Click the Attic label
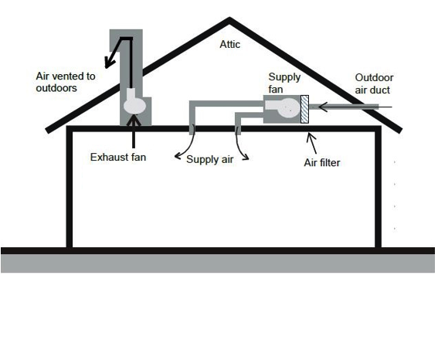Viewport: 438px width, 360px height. pyautogui.click(x=230, y=44)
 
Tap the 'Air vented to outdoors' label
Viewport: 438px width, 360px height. pyautogui.click(x=66, y=82)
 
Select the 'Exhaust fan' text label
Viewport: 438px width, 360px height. pyautogui.click(x=118, y=158)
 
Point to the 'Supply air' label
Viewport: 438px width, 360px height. pyautogui.click(x=210, y=159)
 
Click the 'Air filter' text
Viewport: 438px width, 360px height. pyautogui.click(x=322, y=162)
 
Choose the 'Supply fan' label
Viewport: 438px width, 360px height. pyautogui.click(x=284, y=83)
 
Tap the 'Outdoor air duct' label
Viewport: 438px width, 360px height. pyautogui.click(x=374, y=83)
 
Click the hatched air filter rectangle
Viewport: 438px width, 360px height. pyautogui.click(x=304, y=109)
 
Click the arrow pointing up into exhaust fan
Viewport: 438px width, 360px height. pyautogui.click(x=134, y=131)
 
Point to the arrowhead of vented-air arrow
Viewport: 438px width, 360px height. pyautogui.click(x=109, y=62)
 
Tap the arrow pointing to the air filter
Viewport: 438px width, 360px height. pyautogui.click(x=312, y=143)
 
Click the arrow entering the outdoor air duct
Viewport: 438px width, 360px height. pyautogui.click(x=355, y=107)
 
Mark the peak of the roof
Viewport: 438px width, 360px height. pyautogui.click(x=229, y=18)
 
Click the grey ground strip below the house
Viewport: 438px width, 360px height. pyautogui.click(x=218, y=263)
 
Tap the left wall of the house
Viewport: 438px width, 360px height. pyautogui.click(x=70, y=187)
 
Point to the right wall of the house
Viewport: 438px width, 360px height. pyautogui.click(x=378, y=187)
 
